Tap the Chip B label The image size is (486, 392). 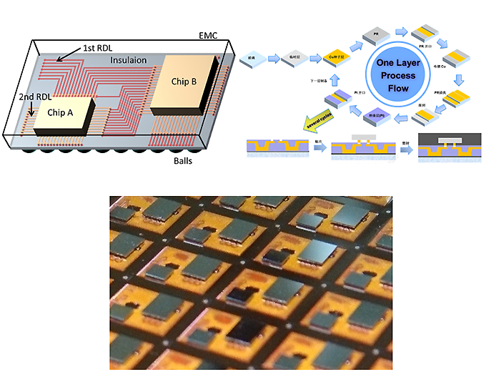[x=184, y=81]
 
